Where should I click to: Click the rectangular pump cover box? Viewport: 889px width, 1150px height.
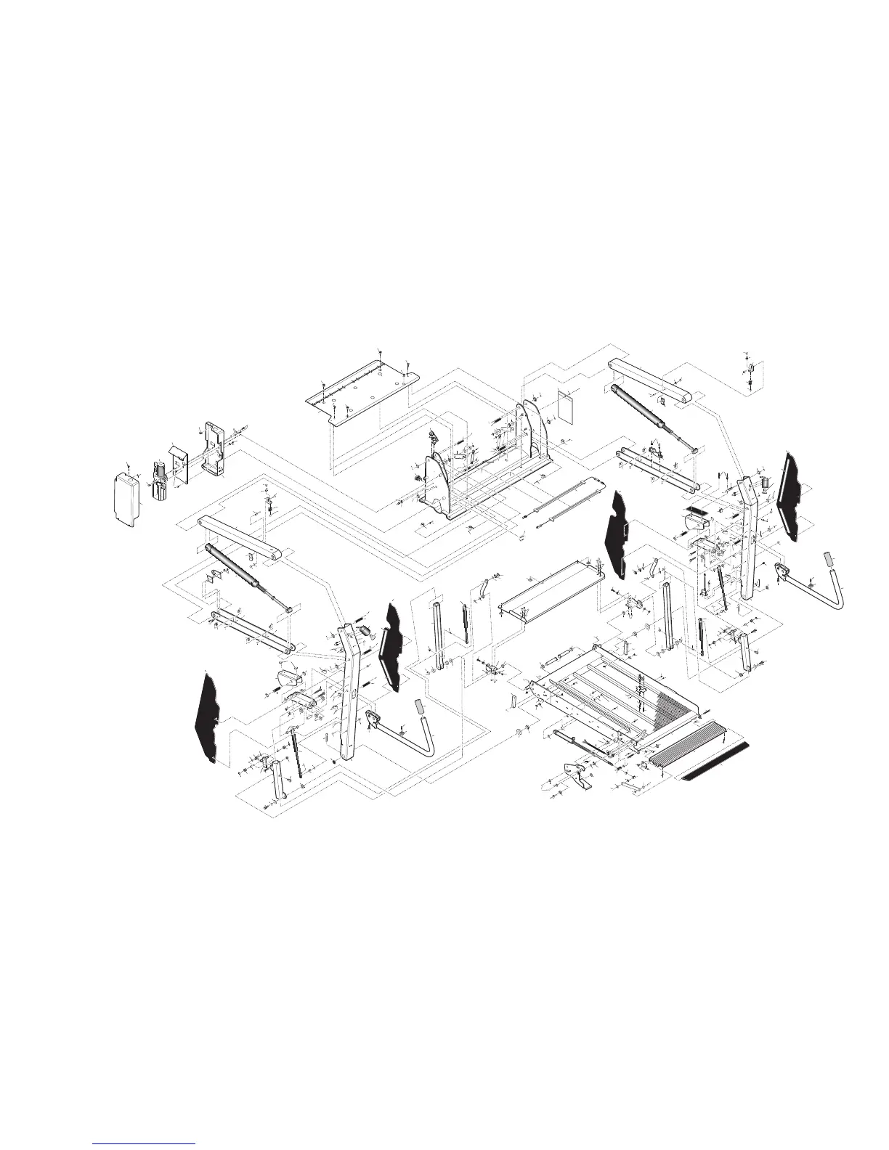[x=126, y=499]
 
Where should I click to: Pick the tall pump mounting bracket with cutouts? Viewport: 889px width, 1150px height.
[x=214, y=449]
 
